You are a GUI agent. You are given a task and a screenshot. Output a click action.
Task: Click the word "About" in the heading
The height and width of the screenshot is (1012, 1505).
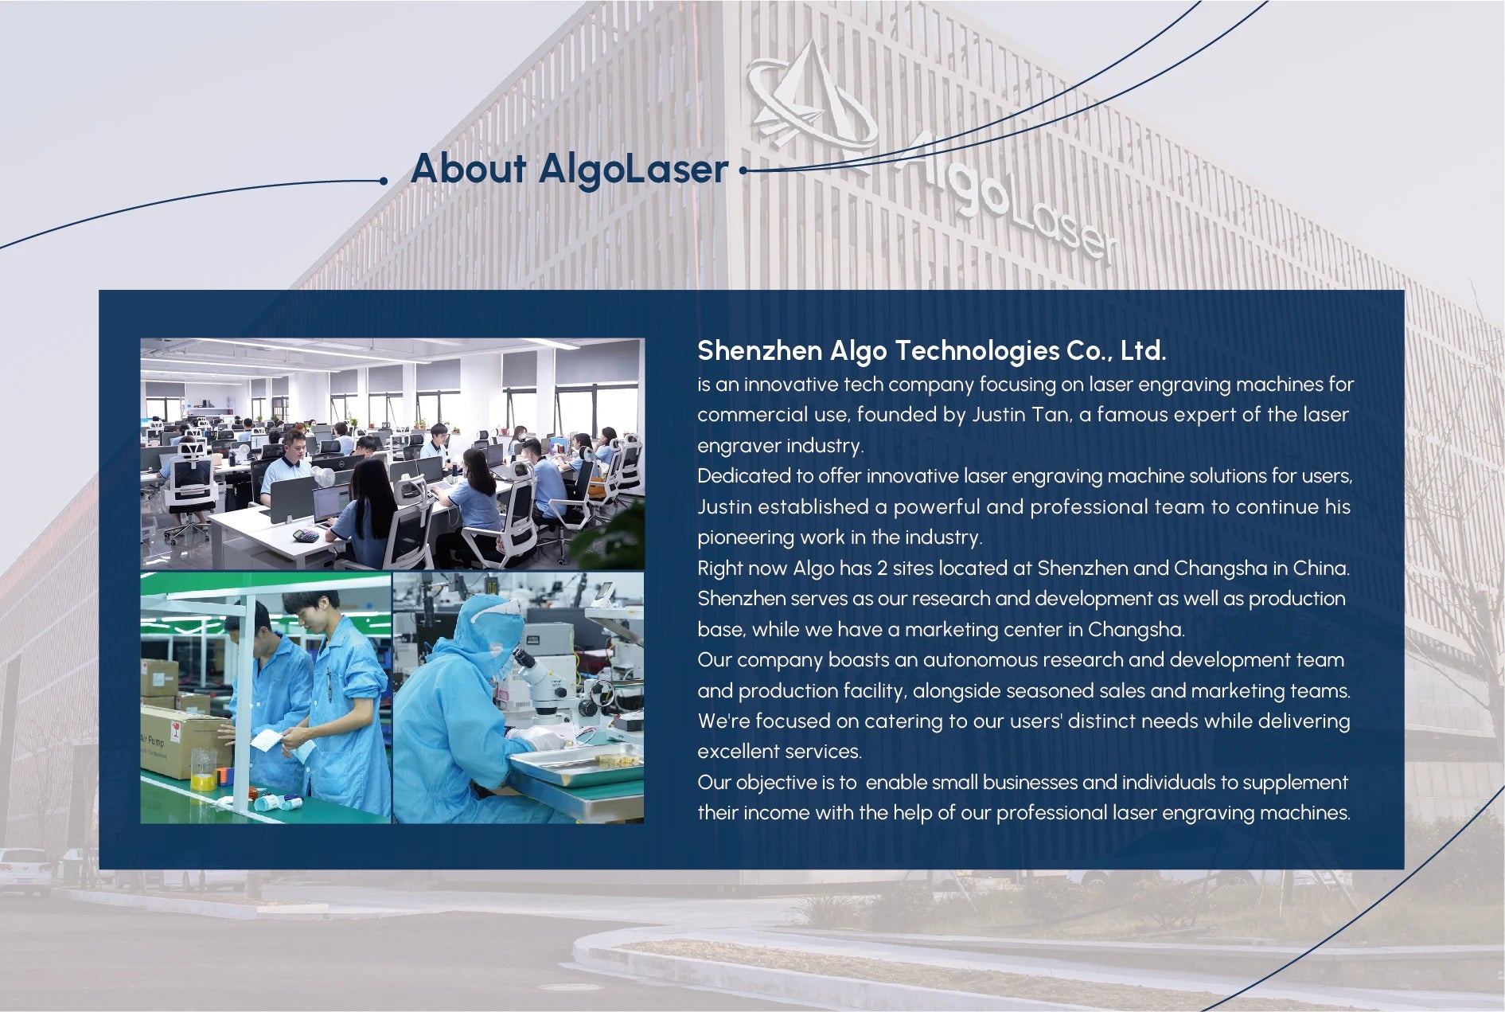click(469, 169)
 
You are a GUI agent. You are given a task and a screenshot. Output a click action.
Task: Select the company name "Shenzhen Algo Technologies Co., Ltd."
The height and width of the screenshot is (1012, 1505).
click(931, 350)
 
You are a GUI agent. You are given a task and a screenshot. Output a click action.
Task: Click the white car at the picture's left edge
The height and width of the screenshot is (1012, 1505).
click(25, 870)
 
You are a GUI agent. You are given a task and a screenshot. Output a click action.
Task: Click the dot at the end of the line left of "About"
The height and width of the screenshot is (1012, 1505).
click(384, 181)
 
